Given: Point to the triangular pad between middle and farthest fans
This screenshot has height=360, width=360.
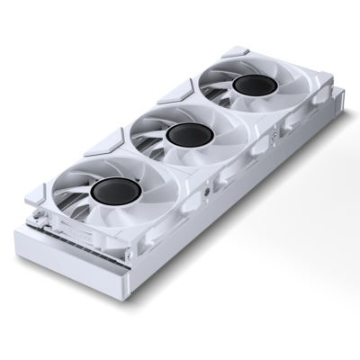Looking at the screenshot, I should pyautogui.click(x=179, y=87).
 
